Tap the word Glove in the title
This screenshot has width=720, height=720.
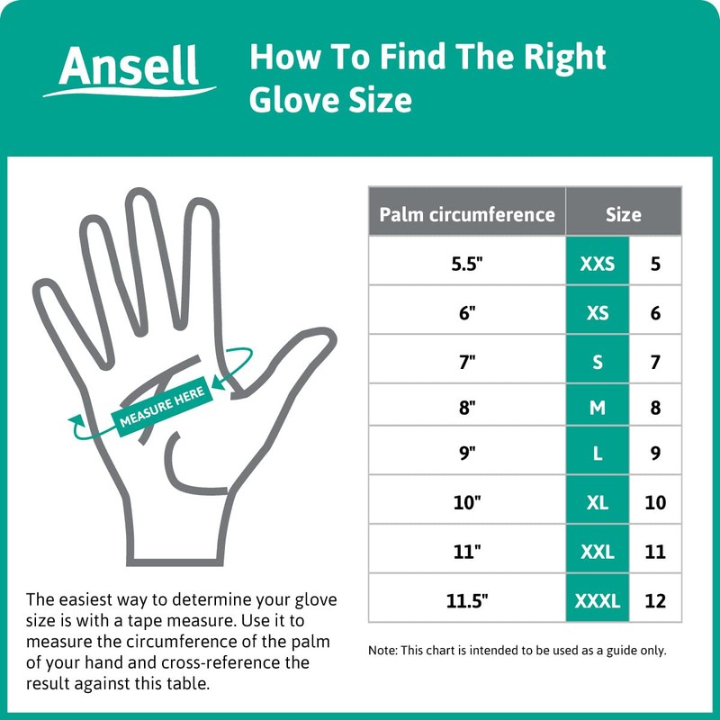286,99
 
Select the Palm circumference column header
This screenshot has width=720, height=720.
466,214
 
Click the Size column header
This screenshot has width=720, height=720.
623,214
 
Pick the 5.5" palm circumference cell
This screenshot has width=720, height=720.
466,265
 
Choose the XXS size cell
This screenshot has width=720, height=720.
597,265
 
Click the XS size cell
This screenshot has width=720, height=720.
597,313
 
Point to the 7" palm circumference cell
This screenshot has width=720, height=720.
466,362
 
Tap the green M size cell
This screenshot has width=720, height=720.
597,408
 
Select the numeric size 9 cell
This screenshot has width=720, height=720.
655,454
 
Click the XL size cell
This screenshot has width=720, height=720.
597,502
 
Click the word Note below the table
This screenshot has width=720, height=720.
382,650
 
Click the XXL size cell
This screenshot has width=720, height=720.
597,551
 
